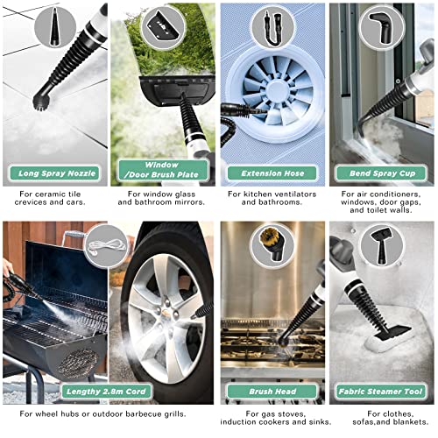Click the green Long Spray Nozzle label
[55, 173]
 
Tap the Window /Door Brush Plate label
[164, 170]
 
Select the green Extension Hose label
[272, 173]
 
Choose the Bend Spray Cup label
[382, 173]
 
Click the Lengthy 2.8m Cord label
[106, 392]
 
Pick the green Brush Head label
[272, 392]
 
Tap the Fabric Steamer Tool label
[380, 392]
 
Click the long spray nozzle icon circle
[55, 27]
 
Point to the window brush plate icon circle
[163, 26]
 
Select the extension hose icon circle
[272, 27]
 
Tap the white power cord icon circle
[107, 246]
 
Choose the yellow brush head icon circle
[272, 244]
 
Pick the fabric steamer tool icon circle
[381, 246]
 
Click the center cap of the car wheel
[166, 313]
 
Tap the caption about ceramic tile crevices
[50, 198]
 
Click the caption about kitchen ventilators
[272, 198]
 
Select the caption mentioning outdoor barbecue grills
[102, 414]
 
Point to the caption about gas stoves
[276, 418]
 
